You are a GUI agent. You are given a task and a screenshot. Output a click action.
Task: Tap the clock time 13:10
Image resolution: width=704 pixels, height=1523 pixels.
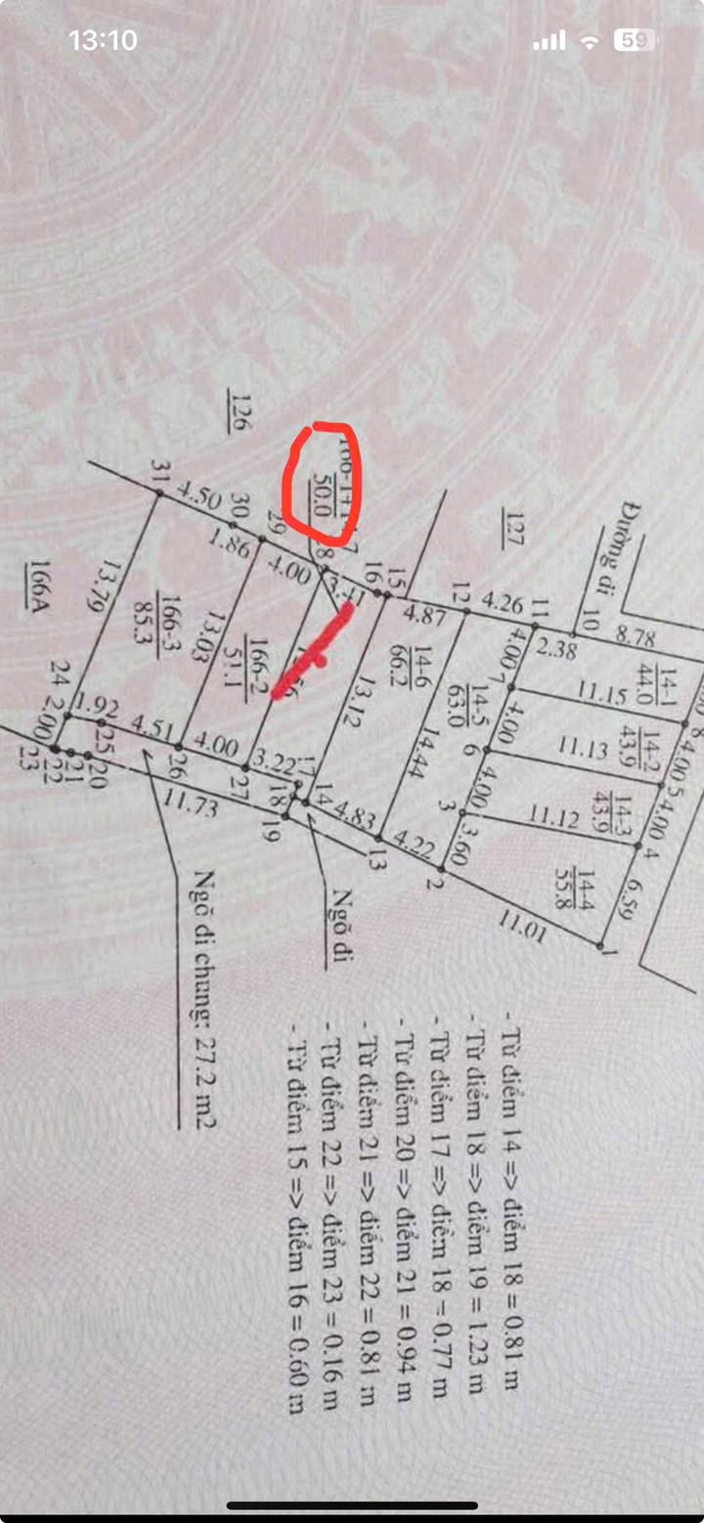tap(103, 40)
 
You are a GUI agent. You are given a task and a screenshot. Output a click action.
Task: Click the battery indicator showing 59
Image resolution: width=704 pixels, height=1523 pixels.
tap(634, 40)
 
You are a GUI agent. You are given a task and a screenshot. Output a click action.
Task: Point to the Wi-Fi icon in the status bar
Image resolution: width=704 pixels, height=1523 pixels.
tap(590, 41)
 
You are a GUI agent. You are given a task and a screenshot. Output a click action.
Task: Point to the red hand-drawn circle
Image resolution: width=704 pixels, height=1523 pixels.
tap(323, 484)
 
